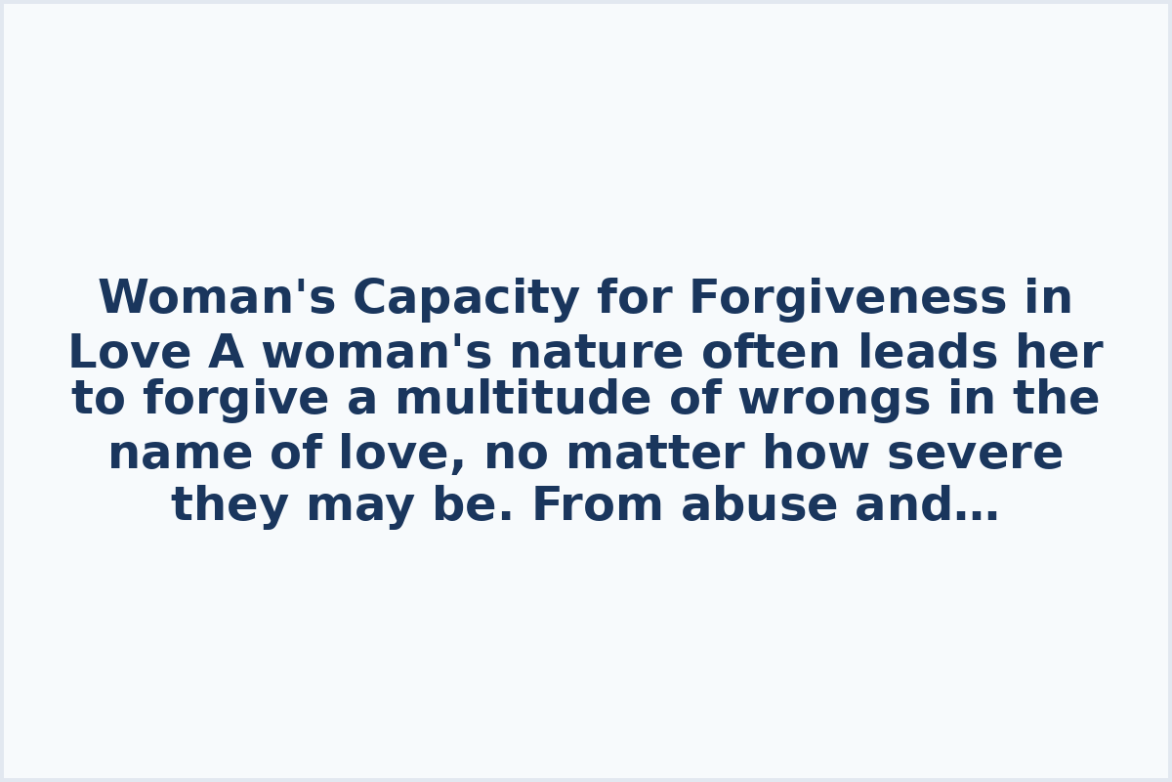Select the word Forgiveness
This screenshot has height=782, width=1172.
(848, 299)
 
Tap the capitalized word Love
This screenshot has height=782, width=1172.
(130, 353)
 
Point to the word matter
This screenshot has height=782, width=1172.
(655, 455)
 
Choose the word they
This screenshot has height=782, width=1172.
(229, 506)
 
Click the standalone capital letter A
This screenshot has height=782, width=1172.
(227, 353)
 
